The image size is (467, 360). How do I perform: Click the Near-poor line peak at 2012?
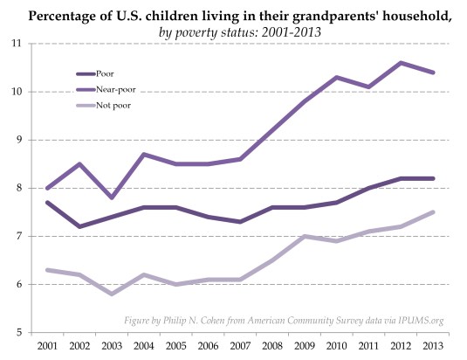click(x=402, y=63)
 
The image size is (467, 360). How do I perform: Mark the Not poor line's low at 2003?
click(x=111, y=294)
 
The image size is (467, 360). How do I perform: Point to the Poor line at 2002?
click(x=79, y=226)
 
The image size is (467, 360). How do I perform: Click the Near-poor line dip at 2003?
click(x=111, y=197)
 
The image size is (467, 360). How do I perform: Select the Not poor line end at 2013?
click(x=434, y=211)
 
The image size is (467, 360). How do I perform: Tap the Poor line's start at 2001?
click(x=46, y=202)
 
